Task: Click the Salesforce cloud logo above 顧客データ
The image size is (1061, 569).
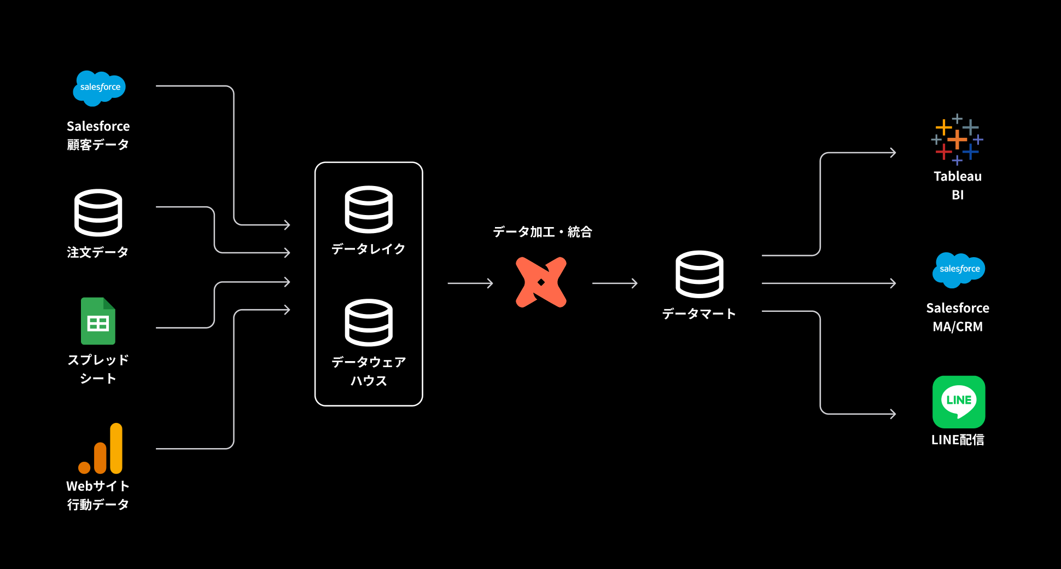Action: pos(100,88)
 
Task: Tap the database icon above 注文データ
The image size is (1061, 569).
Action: pos(98,212)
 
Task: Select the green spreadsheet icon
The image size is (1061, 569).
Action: pos(98,321)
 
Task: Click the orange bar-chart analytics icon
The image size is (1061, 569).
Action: pos(101,449)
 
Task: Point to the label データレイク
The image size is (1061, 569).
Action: pos(368,249)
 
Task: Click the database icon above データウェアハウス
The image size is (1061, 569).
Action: pos(369,322)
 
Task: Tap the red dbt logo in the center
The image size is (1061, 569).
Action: pos(541,282)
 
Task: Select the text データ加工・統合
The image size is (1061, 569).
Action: pos(542,232)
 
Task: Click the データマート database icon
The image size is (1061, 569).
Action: pos(699,274)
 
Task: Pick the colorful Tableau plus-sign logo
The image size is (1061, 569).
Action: pos(957,139)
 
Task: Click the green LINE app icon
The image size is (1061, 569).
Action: pos(958,402)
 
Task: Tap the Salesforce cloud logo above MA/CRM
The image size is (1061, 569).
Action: pos(959,269)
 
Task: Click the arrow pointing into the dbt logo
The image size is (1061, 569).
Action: pos(470,283)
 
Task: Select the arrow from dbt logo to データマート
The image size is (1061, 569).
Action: pos(615,283)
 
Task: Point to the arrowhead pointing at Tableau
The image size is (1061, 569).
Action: pos(892,153)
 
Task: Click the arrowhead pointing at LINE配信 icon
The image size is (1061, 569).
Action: pos(892,414)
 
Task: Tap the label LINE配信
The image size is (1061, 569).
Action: pos(958,440)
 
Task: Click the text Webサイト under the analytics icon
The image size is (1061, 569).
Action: pos(98,486)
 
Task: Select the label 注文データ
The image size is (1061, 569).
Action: pos(97,252)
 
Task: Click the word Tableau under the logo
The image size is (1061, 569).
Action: pos(957,176)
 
